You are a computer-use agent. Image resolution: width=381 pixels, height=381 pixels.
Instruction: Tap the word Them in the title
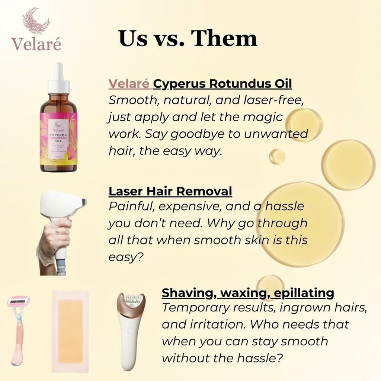point(227,39)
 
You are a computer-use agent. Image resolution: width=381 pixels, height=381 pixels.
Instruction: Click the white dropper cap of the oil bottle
point(58,78)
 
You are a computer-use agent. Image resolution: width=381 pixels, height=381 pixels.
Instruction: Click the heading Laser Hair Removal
point(170,191)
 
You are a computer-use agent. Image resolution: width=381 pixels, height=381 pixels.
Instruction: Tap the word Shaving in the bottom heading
point(188,293)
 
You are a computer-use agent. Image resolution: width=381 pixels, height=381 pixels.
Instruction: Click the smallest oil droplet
point(277,156)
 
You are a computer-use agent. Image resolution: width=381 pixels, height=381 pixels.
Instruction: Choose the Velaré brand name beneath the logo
point(36,43)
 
